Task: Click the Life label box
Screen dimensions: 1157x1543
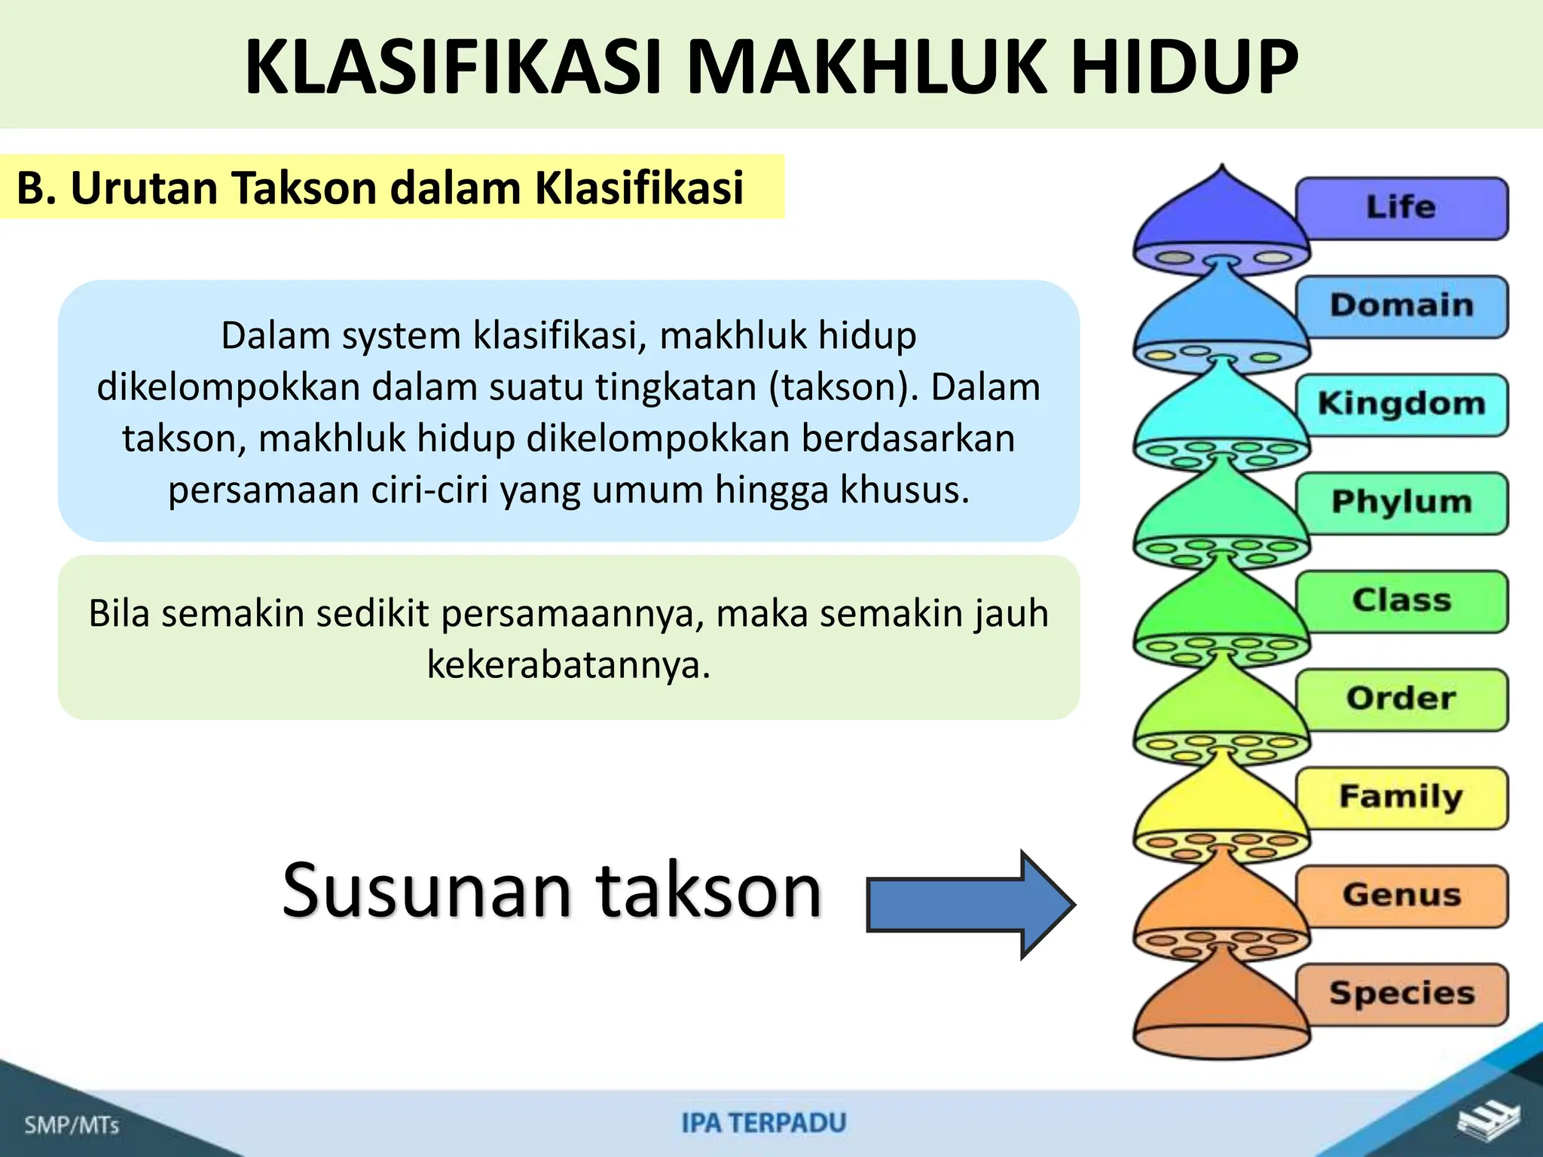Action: (x=1401, y=208)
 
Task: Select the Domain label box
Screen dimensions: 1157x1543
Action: (x=1401, y=306)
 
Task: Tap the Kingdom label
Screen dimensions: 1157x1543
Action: (x=1401, y=404)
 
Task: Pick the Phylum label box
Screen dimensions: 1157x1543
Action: (x=1401, y=502)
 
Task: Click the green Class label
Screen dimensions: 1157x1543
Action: (x=1401, y=601)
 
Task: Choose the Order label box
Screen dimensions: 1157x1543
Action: (x=1401, y=699)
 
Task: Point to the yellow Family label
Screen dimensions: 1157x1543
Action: (x=1401, y=797)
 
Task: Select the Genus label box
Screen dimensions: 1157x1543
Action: (x=1401, y=896)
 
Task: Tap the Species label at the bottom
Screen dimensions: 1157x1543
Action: (x=1401, y=994)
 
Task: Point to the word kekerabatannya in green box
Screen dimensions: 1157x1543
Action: (x=569, y=664)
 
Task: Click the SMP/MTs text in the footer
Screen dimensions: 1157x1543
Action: (x=72, y=1125)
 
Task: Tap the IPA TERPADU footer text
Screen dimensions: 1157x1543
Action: (x=764, y=1123)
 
